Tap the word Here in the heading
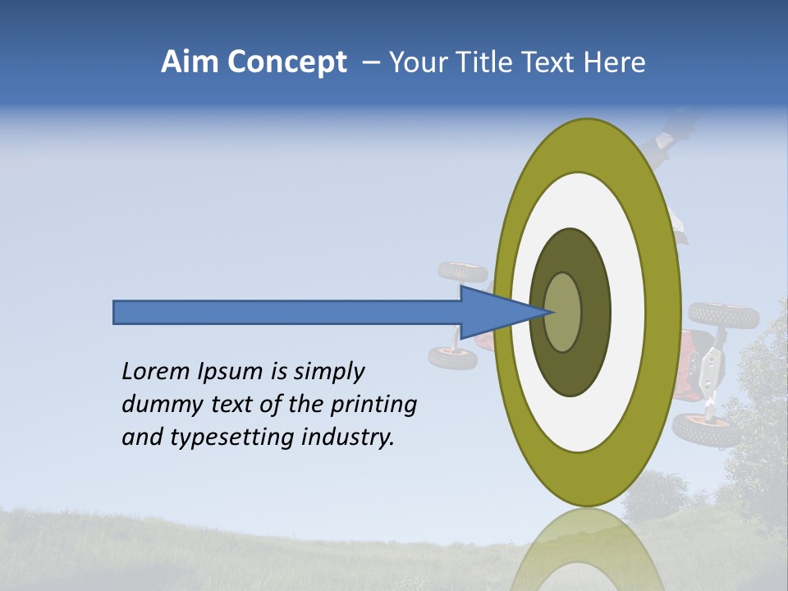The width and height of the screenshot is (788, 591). pos(615,62)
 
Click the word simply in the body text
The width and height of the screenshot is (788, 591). pos(329,372)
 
